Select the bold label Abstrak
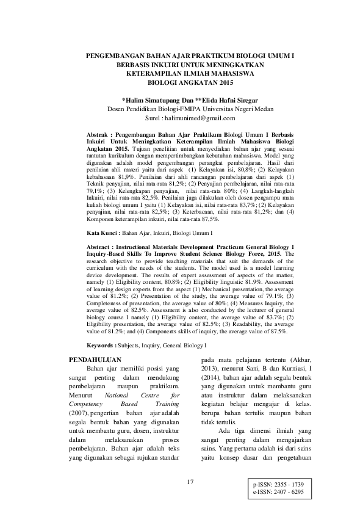(x=95, y=132)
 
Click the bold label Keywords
(x=99, y=344)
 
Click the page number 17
(x=190, y=482)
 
